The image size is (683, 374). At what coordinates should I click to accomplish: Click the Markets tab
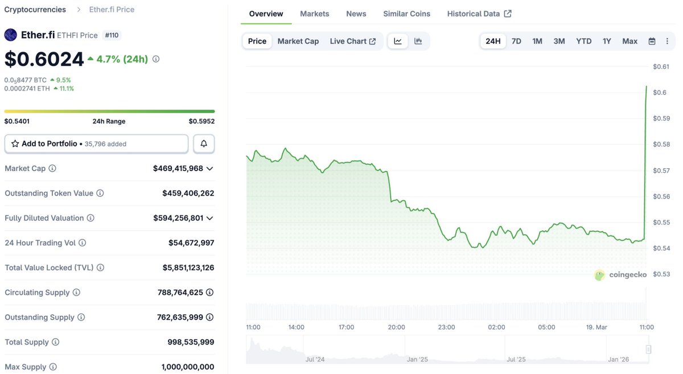pyautogui.click(x=314, y=14)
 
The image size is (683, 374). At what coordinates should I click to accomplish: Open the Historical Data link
pyautogui.click(x=479, y=14)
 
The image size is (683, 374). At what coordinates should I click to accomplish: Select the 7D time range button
pyautogui.click(x=516, y=41)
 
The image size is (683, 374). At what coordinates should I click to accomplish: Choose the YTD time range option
pyautogui.click(x=583, y=41)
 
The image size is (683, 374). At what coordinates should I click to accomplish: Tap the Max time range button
pyautogui.click(x=629, y=41)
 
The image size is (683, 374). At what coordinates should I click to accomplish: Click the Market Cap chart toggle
pyautogui.click(x=298, y=41)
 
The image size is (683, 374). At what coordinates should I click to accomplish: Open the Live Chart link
pyautogui.click(x=352, y=41)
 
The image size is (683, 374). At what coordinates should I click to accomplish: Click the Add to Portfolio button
pyautogui.click(x=96, y=144)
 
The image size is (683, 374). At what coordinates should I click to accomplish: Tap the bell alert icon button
pyautogui.click(x=204, y=144)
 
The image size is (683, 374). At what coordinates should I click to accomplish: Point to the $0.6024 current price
pyautogui.click(x=44, y=59)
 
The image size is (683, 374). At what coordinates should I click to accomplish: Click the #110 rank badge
pyautogui.click(x=112, y=35)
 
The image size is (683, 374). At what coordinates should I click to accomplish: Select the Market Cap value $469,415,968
pyautogui.click(x=178, y=169)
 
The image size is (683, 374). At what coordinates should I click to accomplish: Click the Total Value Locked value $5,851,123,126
pyautogui.click(x=180, y=268)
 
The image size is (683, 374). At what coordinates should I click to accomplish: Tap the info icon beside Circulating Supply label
pyautogui.click(x=76, y=293)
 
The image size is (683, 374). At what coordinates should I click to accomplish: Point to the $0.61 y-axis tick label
pyautogui.click(x=661, y=67)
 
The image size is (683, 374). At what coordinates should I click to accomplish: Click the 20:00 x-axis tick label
pyautogui.click(x=396, y=327)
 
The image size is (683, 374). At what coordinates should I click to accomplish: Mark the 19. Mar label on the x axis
pyautogui.click(x=596, y=327)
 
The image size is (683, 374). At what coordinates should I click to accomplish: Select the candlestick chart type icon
pyautogui.click(x=418, y=41)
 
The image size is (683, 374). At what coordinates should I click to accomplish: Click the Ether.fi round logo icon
pyautogui.click(x=11, y=35)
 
